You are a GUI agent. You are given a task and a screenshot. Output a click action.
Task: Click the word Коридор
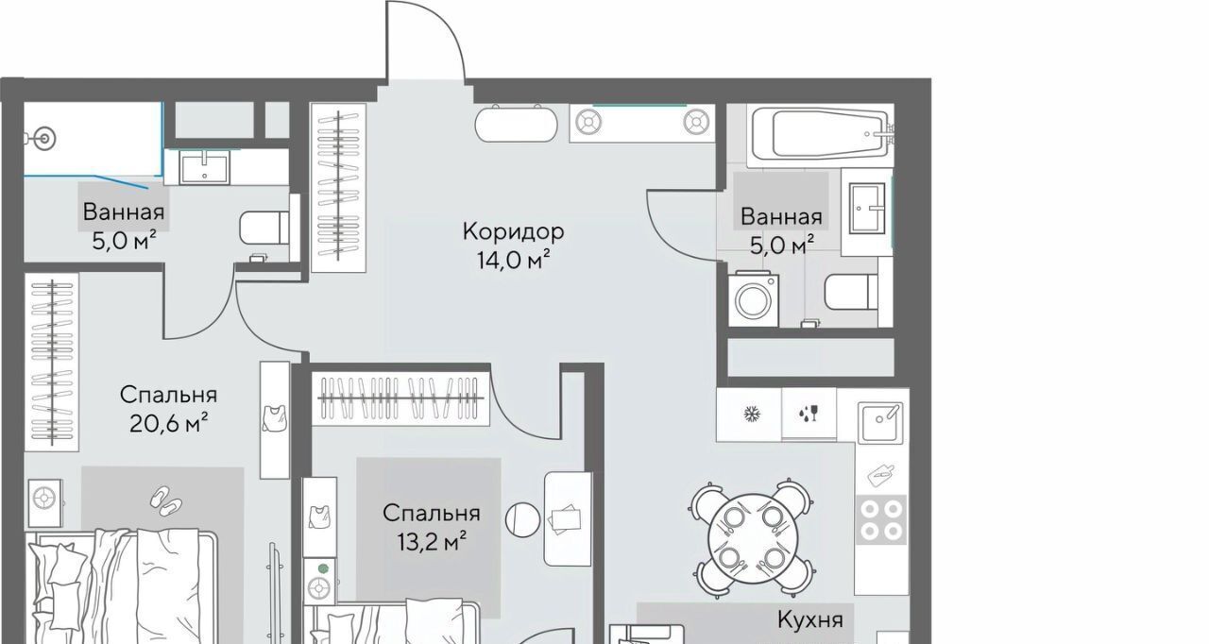coord(513,232)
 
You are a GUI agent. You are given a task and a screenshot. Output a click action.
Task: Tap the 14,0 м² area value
coord(513,261)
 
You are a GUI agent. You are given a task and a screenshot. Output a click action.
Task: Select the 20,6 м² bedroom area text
coord(168,423)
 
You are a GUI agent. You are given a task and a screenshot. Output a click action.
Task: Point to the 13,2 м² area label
coord(432,541)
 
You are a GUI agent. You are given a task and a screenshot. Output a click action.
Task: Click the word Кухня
coord(810,619)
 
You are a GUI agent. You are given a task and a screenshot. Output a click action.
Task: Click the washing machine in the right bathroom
coord(753,300)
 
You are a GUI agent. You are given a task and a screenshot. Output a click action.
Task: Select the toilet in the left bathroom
coord(264,228)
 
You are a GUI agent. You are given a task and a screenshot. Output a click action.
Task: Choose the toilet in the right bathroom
coord(851,292)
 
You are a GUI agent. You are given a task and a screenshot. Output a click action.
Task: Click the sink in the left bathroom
coord(205,168)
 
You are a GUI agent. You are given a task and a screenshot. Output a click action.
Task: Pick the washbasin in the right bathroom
coord(867,208)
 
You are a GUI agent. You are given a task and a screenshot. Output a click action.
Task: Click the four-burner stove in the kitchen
coord(881,520)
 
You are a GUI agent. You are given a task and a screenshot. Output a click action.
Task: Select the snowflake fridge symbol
coord(751,415)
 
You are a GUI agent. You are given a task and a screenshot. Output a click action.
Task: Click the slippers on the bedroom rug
coord(165,500)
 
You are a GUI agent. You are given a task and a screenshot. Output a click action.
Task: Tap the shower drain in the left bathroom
coord(44,139)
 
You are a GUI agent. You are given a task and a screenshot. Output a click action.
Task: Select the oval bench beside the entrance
coord(516,125)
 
